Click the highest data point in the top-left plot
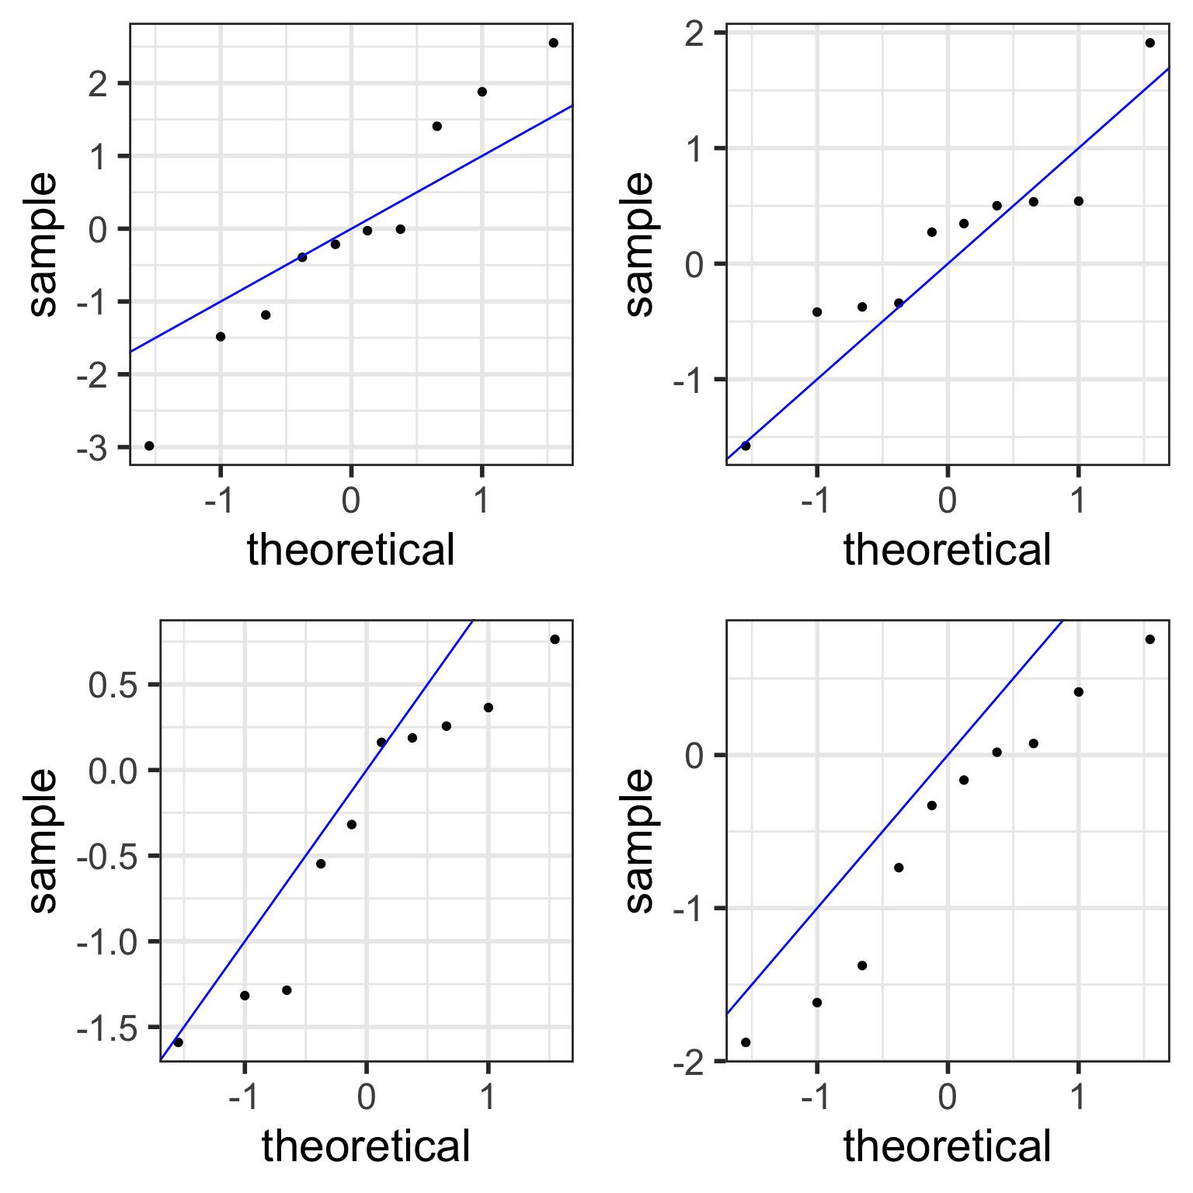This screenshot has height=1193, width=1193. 553,43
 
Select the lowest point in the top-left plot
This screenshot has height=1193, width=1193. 149,446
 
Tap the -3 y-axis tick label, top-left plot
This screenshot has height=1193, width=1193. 92,449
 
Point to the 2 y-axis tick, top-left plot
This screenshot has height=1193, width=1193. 98,84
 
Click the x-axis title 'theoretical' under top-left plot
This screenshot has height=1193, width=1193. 350,550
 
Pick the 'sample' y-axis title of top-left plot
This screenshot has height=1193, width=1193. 43,244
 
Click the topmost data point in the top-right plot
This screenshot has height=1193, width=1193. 1150,43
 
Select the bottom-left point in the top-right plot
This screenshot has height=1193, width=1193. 746,446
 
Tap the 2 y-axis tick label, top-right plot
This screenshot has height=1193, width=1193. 695,34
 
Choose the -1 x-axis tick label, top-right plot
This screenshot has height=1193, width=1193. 816,501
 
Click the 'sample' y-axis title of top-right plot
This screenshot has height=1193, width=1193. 640,244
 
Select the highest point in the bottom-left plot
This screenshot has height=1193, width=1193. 555,639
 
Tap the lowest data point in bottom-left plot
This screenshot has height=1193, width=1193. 178,1042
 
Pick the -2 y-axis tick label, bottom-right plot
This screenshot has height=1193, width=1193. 687,1062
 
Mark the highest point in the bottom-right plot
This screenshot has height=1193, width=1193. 1150,639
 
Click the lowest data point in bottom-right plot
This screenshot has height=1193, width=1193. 746,1042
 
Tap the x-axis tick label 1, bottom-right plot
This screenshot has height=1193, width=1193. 1078,1097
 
